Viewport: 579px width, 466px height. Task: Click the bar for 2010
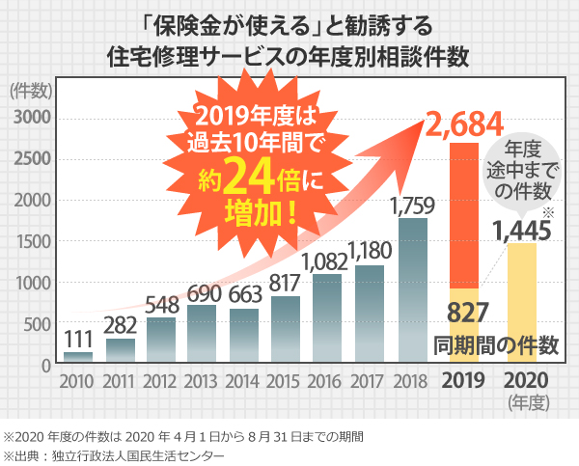pyautogui.click(x=79, y=359)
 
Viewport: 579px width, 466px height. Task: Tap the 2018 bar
pyautogui.click(x=412, y=291)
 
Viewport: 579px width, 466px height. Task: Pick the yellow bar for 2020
pyautogui.click(x=522, y=304)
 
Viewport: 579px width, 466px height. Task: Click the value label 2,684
pyautogui.click(x=466, y=123)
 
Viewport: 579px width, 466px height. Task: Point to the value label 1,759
pyautogui.click(x=413, y=205)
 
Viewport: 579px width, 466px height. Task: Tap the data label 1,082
pyautogui.click(x=328, y=260)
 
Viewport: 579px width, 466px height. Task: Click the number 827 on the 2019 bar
pyautogui.click(x=466, y=312)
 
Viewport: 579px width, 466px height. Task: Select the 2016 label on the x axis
pyautogui.click(x=328, y=380)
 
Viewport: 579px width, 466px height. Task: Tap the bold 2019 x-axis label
pyautogui.click(x=466, y=379)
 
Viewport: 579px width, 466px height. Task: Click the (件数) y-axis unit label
pyautogui.click(x=31, y=92)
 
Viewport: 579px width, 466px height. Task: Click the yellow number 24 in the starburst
pyautogui.click(x=259, y=178)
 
